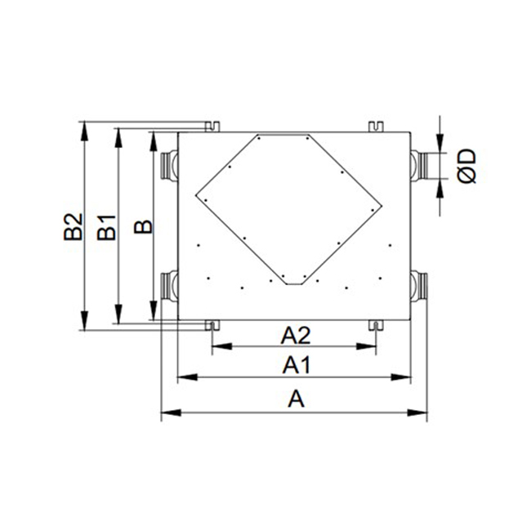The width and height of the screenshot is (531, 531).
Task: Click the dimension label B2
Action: pyautogui.click(x=74, y=226)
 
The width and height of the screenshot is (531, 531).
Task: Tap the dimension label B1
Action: pyautogui.click(x=107, y=228)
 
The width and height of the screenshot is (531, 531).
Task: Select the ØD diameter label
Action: pyautogui.click(x=466, y=166)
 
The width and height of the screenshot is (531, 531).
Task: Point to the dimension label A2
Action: pyautogui.click(x=295, y=336)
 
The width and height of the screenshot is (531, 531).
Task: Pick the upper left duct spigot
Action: pyautogui.click(x=169, y=166)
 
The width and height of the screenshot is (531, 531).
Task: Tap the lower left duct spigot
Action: pyautogui.click(x=169, y=286)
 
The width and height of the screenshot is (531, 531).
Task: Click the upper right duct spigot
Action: pyautogui.click(x=419, y=166)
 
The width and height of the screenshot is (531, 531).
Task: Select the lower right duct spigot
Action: pyautogui.click(x=419, y=286)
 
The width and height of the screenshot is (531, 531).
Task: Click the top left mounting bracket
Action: pyautogui.click(x=212, y=127)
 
